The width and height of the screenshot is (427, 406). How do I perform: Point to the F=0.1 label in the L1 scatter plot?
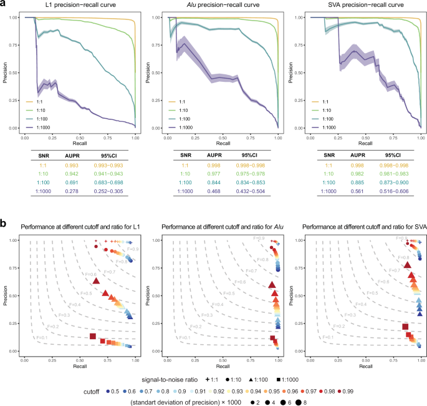(x=42, y=337)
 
